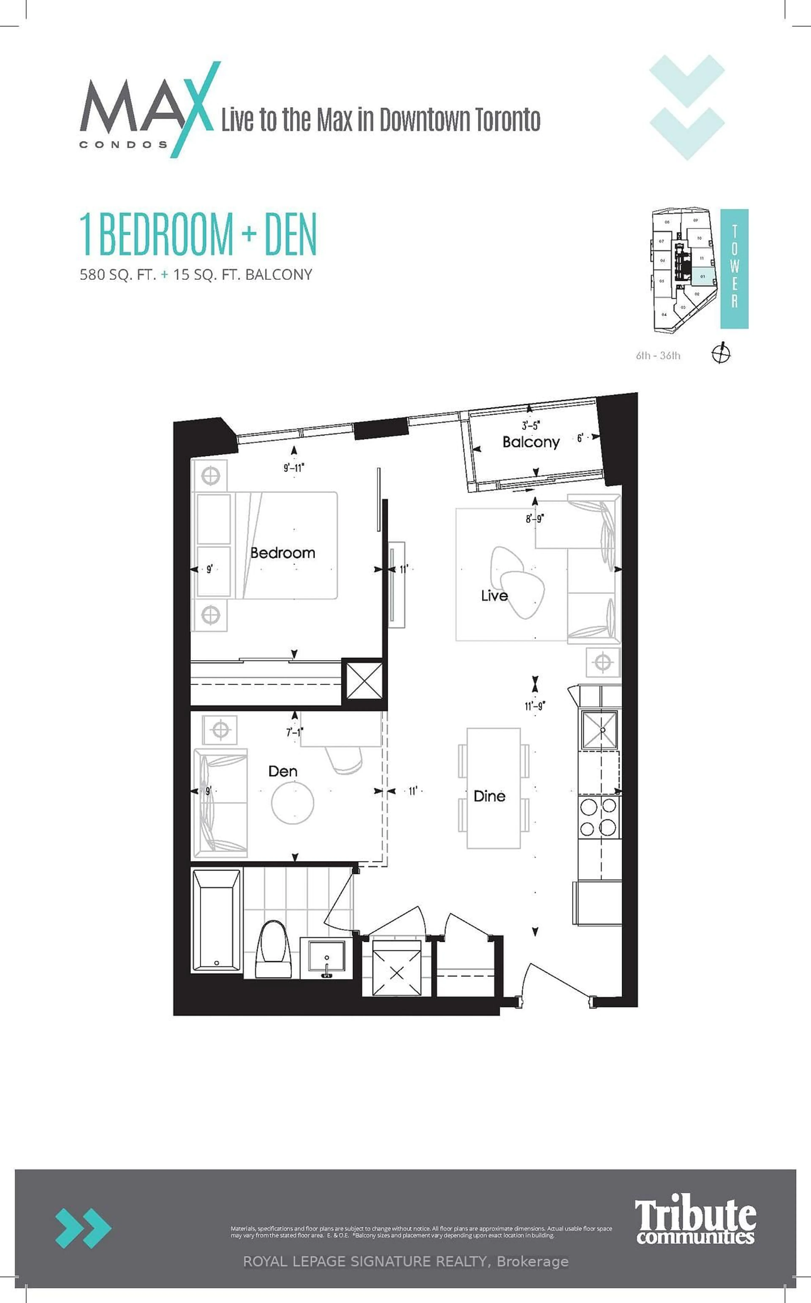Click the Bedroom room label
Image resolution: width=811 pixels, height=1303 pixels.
coord(283,553)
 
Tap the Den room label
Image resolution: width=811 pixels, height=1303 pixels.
coord(283,771)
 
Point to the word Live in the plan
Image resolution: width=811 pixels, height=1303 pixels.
coord(494,596)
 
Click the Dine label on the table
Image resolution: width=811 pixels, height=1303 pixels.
coord(489,796)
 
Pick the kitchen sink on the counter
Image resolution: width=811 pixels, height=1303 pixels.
coord(600,730)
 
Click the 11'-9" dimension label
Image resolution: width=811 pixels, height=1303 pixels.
coord(535,706)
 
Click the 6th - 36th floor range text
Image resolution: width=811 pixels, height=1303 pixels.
coord(658,355)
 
